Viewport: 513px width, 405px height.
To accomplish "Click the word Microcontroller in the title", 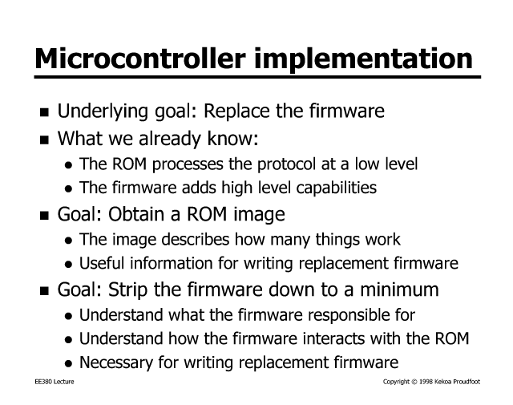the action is (x=140, y=58).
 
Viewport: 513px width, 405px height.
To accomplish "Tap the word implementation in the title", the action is (x=363, y=59).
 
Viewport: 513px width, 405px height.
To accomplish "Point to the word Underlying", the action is (x=102, y=111).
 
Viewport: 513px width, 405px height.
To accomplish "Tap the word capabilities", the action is (x=337, y=188).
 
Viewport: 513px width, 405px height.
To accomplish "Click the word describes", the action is (x=195, y=239).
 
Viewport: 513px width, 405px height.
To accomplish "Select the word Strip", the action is (x=128, y=291).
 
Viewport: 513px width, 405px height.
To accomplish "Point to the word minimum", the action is (x=399, y=290).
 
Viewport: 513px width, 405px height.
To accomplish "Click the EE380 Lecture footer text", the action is (x=55, y=382).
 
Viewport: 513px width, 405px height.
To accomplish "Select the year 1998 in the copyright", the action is (x=426, y=382).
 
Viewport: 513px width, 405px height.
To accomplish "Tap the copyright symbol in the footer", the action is (x=414, y=382).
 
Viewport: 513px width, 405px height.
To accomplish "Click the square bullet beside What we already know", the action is (x=44, y=140).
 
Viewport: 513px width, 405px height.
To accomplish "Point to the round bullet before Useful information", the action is (x=68, y=265).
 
